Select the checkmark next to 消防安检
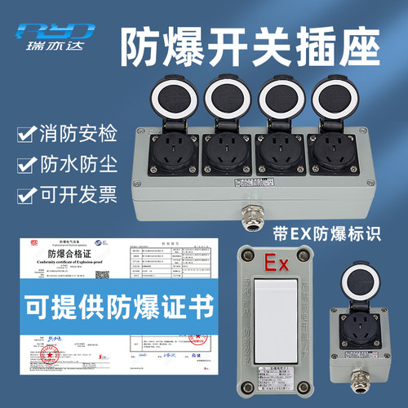28,133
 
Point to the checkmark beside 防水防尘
28,165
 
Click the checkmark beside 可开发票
28,196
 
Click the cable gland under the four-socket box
247,214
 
